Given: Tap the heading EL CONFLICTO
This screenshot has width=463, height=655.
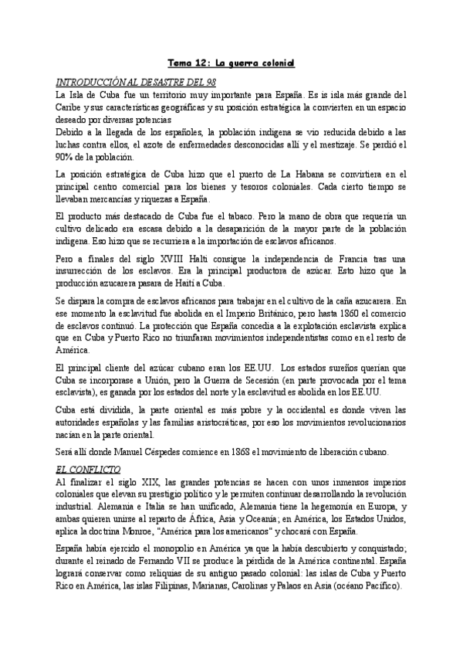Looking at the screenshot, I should (85, 468).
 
